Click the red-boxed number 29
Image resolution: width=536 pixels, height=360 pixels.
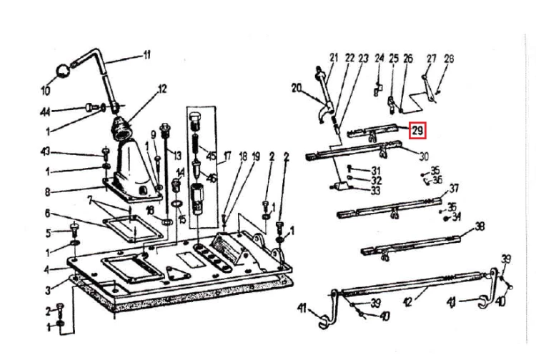click(417, 131)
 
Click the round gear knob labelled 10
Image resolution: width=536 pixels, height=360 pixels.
click(63, 71)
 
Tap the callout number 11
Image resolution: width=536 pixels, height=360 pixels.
click(147, 55)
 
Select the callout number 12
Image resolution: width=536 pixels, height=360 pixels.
click(162, 89)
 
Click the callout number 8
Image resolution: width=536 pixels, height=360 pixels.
click(47, 192)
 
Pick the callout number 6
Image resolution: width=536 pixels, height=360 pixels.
click(47, 214)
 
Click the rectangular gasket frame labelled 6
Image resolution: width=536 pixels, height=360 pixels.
click(134, 229)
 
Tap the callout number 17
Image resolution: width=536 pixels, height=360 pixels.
click(226, 156)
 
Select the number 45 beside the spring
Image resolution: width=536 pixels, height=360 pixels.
click(212, 156)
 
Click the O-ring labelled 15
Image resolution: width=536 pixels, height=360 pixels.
click(176, 204)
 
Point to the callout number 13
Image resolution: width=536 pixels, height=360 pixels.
click(177, 156)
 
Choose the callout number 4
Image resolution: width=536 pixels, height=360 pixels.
click(47, 270)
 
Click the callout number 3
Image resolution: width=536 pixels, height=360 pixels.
click(48, 290)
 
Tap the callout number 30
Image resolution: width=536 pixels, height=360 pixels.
click(423, 156)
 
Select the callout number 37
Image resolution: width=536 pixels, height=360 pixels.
click(454, 188)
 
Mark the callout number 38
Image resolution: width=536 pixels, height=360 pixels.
click(480, 226)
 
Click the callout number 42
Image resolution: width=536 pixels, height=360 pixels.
click(408, 302)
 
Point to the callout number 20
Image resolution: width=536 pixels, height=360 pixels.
click(297, 89)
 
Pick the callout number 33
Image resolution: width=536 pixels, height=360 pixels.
click(375, 191)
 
